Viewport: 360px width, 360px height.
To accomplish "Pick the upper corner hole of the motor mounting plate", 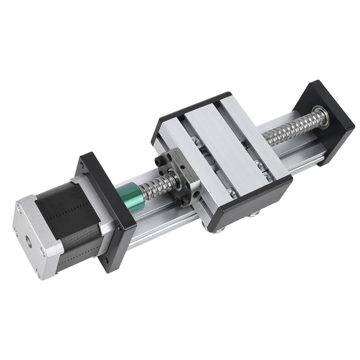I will coord(82,163).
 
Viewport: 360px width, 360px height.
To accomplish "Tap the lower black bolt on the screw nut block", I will coord(184,201).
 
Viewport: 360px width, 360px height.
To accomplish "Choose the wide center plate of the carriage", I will coord(225,148).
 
